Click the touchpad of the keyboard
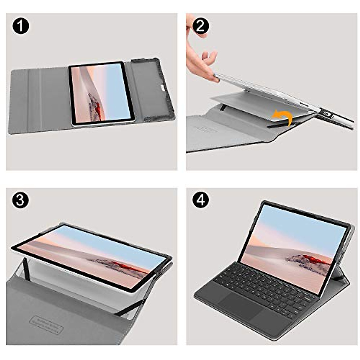pyautogui.click(x=237, y=304)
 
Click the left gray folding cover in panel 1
pyautogui.click(x=39, y=99)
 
